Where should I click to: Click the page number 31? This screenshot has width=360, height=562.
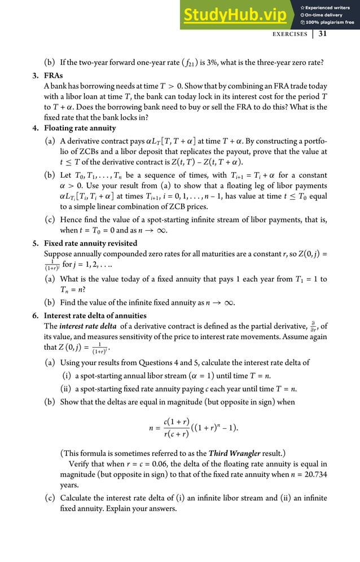[x=323, y=34]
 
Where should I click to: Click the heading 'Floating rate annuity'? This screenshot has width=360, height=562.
[x=80, y=128]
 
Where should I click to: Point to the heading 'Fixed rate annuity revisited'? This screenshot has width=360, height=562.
[x=90, y=243]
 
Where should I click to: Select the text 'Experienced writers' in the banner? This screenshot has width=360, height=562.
[x=328, y=7]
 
